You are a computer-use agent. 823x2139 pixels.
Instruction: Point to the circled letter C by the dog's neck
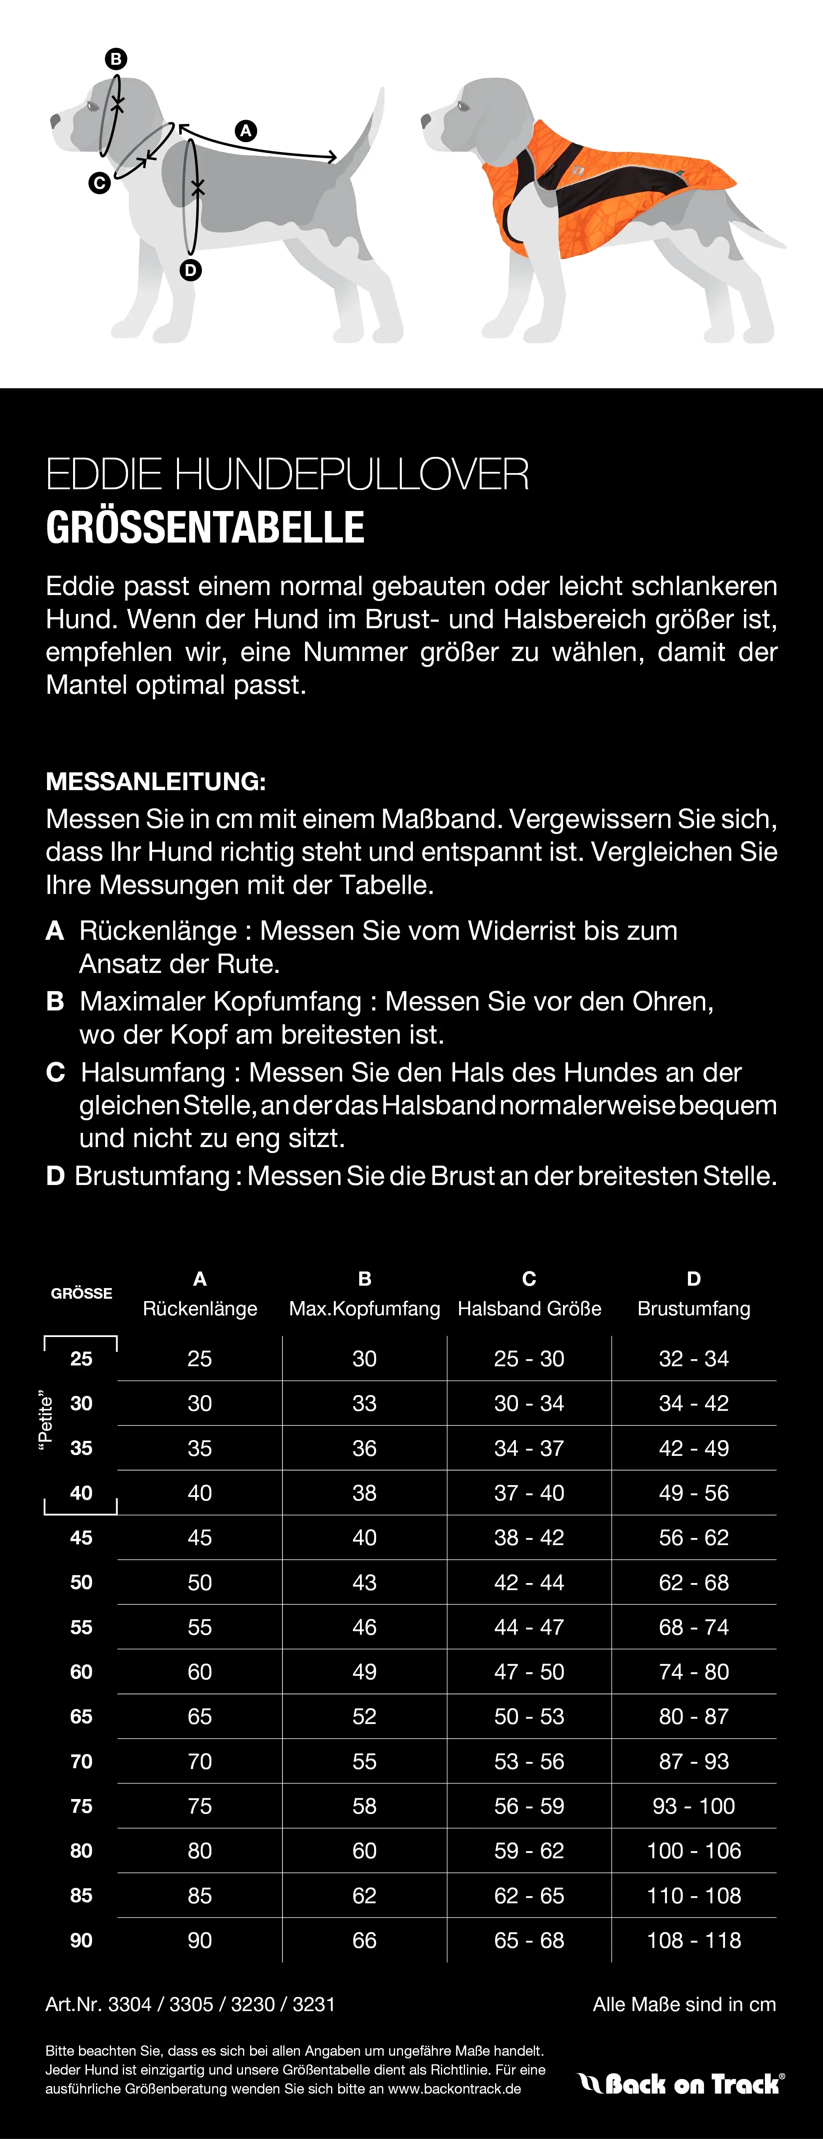pos(100,183)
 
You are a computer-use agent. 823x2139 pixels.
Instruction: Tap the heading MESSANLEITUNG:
pos(155,781)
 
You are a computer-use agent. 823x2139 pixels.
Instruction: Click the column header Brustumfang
pos(693,1309)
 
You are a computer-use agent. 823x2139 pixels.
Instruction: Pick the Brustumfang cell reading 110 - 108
pos(693,1896)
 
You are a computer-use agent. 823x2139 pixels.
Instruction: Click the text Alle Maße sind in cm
pos(684,2004)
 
